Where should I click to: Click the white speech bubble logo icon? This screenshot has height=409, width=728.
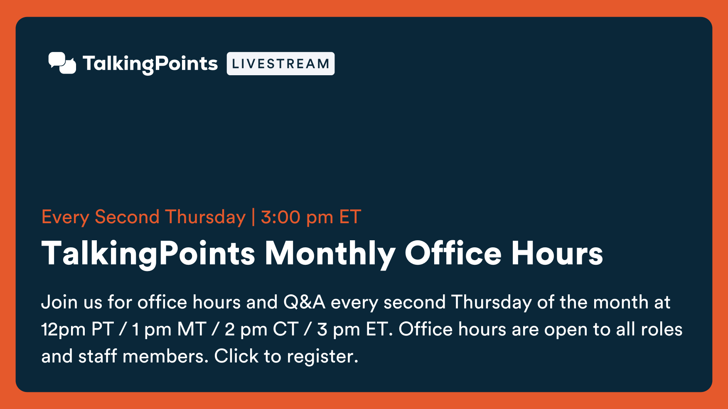62,63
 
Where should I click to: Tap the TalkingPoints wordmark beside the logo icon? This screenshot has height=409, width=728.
150,64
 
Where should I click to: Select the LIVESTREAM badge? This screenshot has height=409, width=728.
280,64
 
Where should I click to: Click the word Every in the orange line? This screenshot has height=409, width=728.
65,217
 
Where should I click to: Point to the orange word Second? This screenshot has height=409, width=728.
127,217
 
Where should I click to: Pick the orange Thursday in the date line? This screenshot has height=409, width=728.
205,217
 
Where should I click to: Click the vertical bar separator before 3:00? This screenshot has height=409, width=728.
253,217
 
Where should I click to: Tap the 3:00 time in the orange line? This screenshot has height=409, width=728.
280,217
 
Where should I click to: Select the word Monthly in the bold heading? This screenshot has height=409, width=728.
330,254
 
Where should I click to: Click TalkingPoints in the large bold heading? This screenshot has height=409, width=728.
148,254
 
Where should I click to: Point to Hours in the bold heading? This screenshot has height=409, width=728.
557,253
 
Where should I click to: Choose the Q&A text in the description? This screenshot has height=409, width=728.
304,302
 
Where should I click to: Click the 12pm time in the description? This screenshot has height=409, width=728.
64,330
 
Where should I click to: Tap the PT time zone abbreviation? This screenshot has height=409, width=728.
102,329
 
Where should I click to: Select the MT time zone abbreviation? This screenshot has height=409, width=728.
192,329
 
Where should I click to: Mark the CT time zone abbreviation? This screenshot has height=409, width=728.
285,329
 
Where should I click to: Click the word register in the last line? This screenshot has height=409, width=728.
322,357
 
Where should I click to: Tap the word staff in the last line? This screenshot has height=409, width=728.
98,356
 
